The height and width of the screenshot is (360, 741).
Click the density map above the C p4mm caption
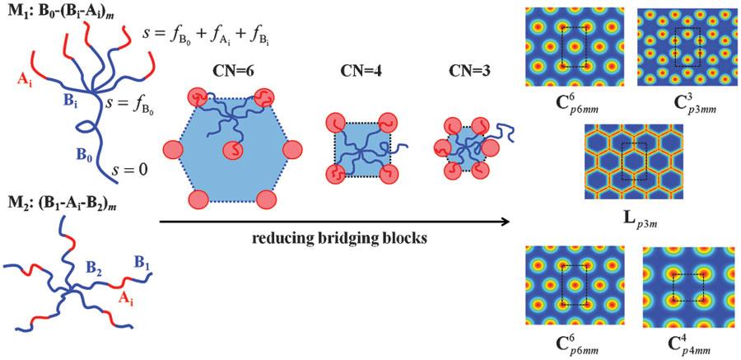688,286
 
